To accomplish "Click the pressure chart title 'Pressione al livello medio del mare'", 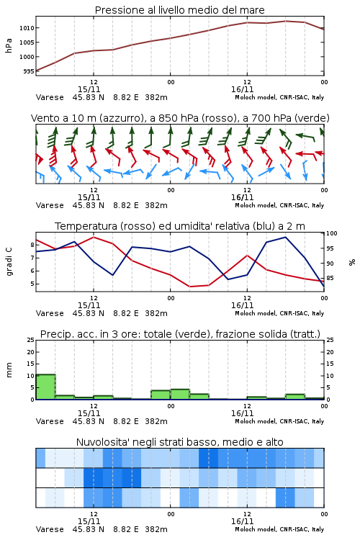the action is (x=179, y=10).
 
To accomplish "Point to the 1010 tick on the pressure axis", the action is (x=27, y=28).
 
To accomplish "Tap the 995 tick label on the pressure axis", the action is (x=29, y=71).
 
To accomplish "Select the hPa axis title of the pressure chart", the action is (x=9, y=45).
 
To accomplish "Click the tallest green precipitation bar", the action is (x=45, y=387).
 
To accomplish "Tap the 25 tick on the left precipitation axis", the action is (x=31, y=340).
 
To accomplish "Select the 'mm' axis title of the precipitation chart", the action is (x=9, y=370).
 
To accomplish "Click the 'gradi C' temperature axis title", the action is (x=9, y=261).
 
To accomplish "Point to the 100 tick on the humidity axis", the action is (x=331, y=233).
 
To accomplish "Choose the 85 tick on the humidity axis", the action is (x=330, y=278).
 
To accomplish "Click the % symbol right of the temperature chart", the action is (x=352, y=262).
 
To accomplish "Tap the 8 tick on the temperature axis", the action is (x=32, y=245).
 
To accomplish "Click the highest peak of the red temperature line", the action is (x=94, y=237).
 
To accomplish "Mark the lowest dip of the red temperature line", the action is (x=190, y=287).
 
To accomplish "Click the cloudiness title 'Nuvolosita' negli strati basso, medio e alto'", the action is (x=179, y=442).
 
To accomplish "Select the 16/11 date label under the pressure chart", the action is (x=242, y=89).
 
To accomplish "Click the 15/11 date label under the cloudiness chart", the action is (x=89, y=521).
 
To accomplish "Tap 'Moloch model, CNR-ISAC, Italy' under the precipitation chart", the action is (x=279, y=421).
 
